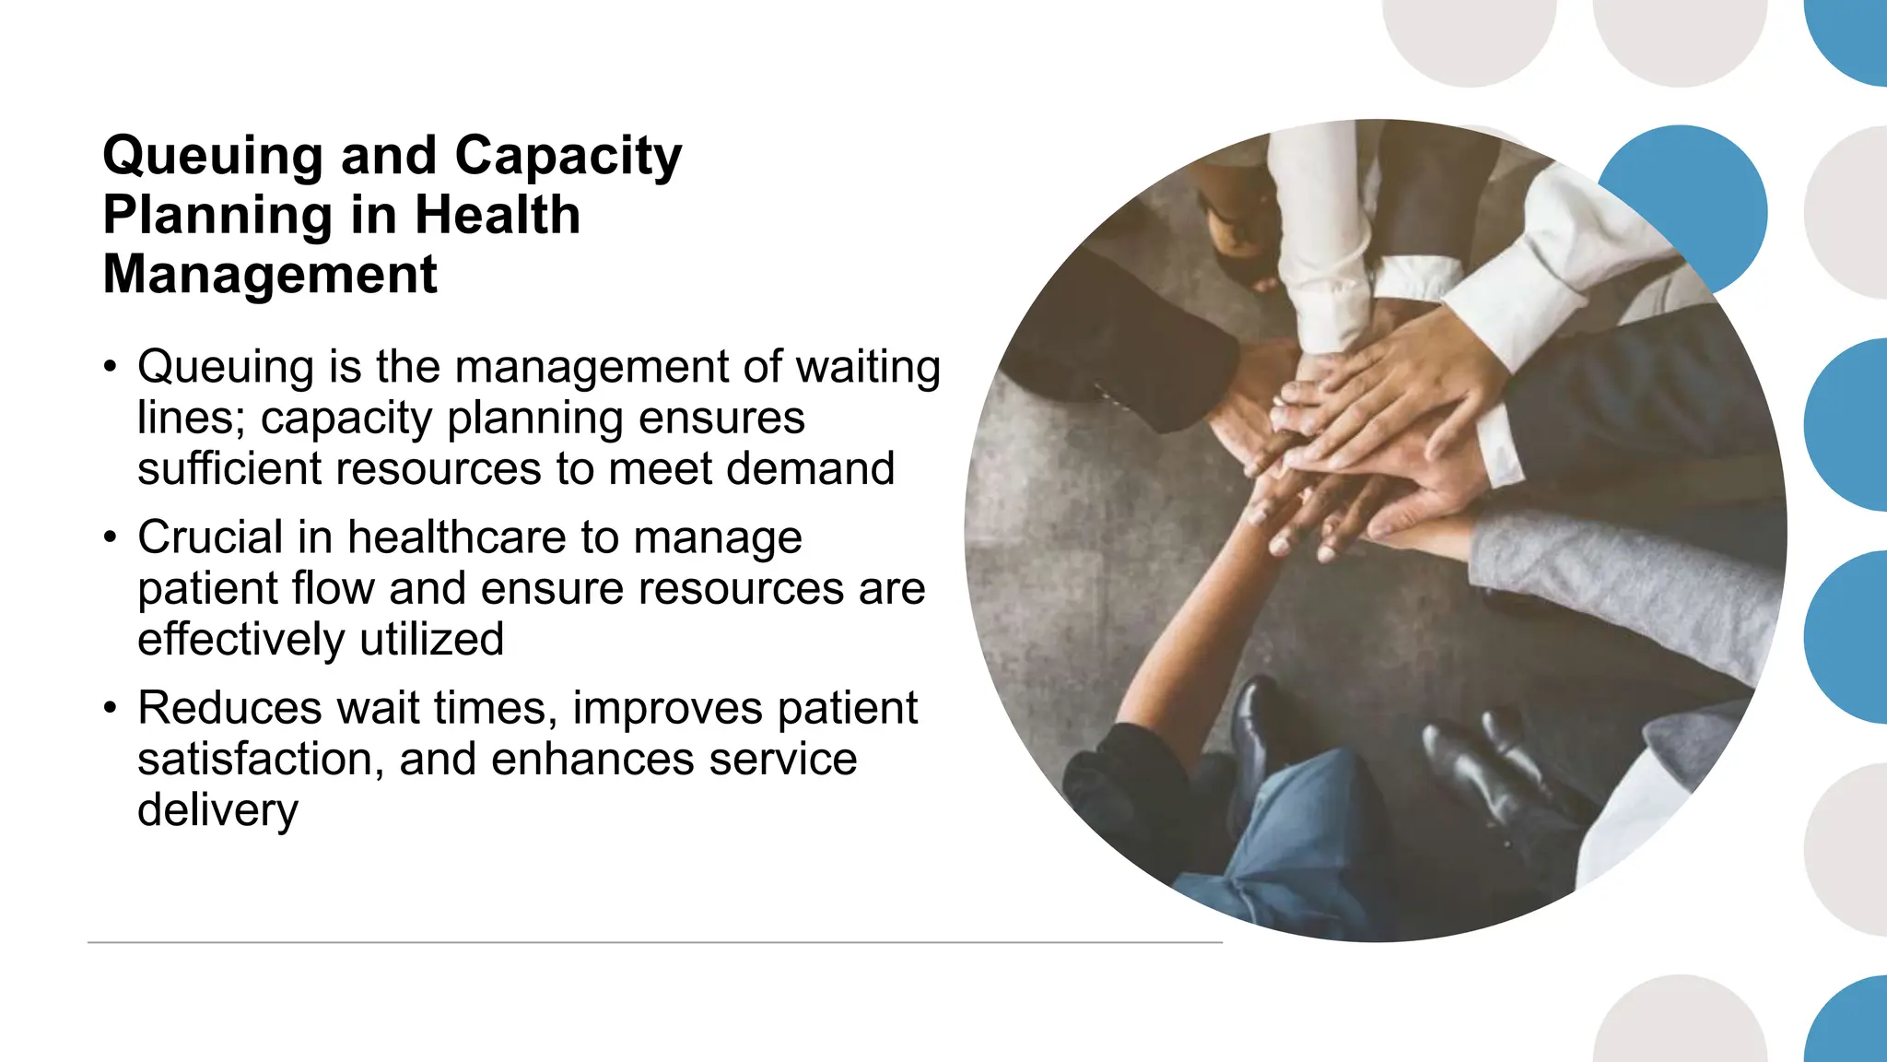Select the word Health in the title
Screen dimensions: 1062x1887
click(x=498, y=216)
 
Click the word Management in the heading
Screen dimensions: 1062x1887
click(x=270, y=275)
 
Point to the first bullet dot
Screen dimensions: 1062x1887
click(x=111, y=368)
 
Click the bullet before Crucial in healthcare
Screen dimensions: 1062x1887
click(x=111, y=537)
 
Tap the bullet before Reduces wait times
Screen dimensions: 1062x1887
click(x=111, y=708)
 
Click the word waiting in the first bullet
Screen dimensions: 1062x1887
click(x=868, y=368)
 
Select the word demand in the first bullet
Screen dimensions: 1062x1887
click(x=810, y=468)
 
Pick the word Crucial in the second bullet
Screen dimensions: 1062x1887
click(x=210, y=537)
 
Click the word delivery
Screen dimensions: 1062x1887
click(x=217, y=810)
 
